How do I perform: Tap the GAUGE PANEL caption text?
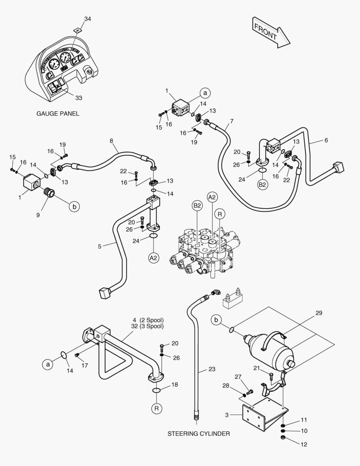click(58, 114)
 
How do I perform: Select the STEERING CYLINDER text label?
click(199, 433)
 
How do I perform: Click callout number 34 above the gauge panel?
click(88, 19)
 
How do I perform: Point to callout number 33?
click(78, 98)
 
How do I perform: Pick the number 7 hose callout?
click(232, 121)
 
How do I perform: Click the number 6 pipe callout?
click(326, 140)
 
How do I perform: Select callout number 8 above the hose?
click(111, 141)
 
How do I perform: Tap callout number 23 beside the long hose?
click(211, 369)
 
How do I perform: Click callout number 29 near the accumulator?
click(319, 313)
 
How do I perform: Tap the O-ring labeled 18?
click(157, 390)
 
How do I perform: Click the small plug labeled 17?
click(77, 355)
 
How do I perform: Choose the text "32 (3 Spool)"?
click(147, 326)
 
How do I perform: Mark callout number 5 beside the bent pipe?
click(100, 246)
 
